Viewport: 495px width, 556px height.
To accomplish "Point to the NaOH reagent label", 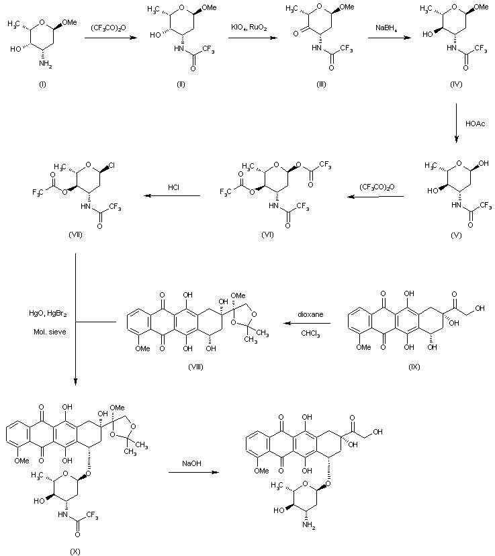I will point(191,463).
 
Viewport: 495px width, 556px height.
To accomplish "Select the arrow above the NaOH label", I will point(193,472).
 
